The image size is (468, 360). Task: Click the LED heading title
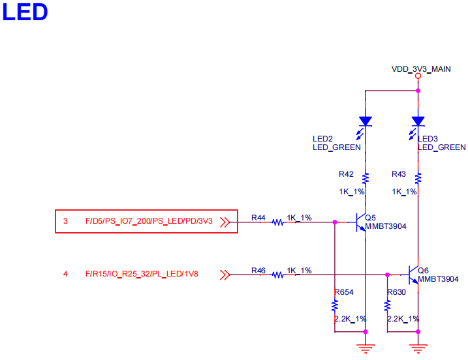[25, 12]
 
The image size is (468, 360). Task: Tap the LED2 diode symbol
[366, 121]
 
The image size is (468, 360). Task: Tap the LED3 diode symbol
[418, 121]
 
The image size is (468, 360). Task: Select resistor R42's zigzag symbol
[366, 177]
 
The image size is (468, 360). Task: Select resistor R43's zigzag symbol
[418, 177]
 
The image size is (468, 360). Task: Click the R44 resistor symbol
[278, 222]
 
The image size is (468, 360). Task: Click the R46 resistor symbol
[278, 275]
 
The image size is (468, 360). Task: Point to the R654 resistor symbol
[334, 305]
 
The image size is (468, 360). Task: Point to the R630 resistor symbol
[387, 305]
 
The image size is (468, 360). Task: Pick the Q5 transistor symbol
[361, 222]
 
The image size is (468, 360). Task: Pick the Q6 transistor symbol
[413, 275]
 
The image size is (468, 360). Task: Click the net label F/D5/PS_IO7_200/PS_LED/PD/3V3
[149, 222]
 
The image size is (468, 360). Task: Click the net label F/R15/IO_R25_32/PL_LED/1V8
[142, 274]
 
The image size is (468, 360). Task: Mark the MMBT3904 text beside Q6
[438, 279]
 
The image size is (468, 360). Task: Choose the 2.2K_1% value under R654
[349, 319]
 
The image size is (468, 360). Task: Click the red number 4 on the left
[65, 274]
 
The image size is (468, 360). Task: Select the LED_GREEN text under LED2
[336, 147]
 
